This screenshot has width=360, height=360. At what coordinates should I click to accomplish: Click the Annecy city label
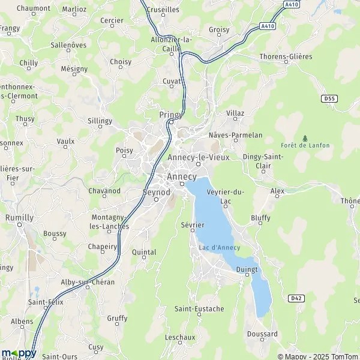coord(181,176)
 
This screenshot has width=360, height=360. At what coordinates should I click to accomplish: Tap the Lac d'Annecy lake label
coord(219,248)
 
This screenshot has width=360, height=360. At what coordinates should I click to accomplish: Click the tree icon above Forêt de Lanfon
coord(305,138)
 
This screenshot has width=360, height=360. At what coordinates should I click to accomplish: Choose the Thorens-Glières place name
coord(286,56)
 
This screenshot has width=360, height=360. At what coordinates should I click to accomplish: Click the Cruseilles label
coord(163,10)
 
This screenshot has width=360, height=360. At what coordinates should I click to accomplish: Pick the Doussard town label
coord(262,334)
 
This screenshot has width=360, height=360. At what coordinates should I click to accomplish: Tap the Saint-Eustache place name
coord(199,309)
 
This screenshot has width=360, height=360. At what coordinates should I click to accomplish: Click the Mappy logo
coord(19,353)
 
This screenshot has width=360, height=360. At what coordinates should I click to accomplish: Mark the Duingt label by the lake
coord(247,269)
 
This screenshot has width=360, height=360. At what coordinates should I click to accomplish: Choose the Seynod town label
coord(157,192)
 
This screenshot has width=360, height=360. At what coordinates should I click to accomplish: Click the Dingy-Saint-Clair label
coord(263,161)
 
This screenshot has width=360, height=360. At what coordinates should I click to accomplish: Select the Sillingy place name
coord(100,121)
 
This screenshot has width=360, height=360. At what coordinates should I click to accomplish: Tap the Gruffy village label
coord(118,318)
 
